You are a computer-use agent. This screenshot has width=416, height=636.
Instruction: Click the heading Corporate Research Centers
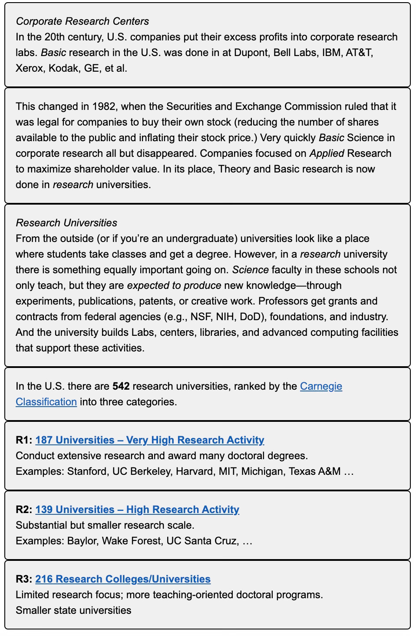point(82,21)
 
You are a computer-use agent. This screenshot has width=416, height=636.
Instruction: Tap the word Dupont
point(251,53)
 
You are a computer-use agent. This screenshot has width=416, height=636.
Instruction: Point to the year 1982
point(103,106)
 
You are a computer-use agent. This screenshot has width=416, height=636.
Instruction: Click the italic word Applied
point(327,153)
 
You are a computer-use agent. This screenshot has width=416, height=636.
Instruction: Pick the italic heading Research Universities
point(66,223)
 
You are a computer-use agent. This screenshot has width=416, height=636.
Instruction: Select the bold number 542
point(121,386)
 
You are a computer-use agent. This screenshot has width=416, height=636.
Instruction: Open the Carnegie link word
point(321,386)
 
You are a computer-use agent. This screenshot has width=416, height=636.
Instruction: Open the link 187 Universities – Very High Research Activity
point(150,440)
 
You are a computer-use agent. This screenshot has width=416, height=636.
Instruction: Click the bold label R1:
point(24,440)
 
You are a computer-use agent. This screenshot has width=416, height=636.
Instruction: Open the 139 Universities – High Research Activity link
point(137,510)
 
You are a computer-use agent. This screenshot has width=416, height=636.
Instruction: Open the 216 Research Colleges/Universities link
point(123,579)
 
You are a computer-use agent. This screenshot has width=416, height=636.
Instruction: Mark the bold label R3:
point(24,579)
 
